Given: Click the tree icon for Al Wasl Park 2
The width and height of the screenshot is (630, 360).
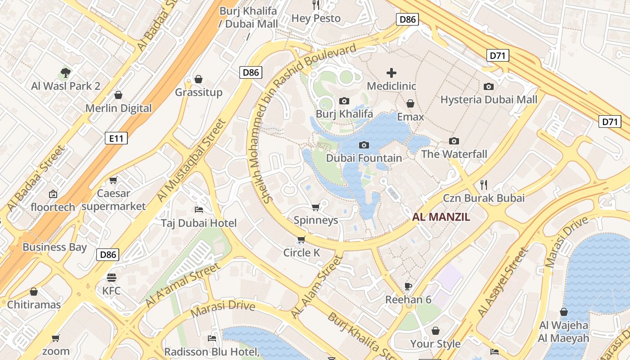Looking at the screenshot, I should pos(66,72).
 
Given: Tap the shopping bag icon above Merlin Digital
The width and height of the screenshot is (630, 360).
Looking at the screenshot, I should pos(118,95).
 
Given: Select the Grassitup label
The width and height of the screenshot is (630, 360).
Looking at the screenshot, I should pos(198,92).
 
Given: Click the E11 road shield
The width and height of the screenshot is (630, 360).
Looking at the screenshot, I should pos(116,138).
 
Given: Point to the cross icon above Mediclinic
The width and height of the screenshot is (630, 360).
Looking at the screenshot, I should pos(391,72).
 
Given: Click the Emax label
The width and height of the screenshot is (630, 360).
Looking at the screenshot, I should pos(410,117).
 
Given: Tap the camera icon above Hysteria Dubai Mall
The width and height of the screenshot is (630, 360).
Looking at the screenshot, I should pos(488,86).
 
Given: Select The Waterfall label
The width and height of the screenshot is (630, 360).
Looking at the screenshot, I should pos(454,154).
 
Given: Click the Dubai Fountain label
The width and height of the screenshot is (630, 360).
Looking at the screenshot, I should pos(364,158).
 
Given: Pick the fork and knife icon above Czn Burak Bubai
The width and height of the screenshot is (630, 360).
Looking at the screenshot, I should pos(484,184).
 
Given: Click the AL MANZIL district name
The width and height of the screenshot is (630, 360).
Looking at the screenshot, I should pos(441,217).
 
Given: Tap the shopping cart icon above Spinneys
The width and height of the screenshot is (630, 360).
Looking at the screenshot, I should pos(315,207).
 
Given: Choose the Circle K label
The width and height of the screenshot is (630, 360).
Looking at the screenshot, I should pos(301,253).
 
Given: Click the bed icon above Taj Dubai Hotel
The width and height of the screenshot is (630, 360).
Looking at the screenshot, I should pos(199,210).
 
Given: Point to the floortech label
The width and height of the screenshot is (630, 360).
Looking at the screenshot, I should pos(53,207).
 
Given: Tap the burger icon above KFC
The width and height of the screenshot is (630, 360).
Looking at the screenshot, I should pos(112,277).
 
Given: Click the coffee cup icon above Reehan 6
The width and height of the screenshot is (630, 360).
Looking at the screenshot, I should pos(408,286).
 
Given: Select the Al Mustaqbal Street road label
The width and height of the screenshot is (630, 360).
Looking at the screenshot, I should pos(191,161).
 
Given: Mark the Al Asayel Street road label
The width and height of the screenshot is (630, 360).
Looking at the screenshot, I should pos(502,283).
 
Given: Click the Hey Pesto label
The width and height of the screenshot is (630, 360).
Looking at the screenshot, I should pos(316,18).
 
